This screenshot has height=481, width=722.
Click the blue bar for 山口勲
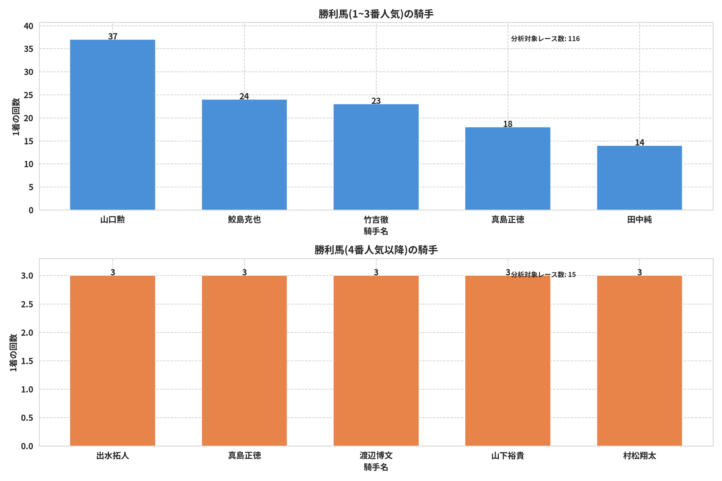(x=112, y=125)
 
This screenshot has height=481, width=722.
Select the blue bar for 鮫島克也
(x=244, y=155)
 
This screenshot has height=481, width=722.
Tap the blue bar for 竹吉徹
(x=376, y=157)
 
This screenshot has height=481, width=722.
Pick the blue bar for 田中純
(x=639, y=178)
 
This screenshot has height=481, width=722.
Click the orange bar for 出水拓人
(x=112, y=360)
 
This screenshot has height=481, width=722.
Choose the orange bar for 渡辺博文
(x=376, y=360)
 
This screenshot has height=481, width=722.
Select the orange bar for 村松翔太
(x=639, y=360)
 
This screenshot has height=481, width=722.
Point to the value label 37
(x=113, y=36)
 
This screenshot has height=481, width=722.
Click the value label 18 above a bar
(x=507, y=124)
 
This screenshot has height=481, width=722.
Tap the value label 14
(x=639, y=142)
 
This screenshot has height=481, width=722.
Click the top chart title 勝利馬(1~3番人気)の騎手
(x=376, y=14)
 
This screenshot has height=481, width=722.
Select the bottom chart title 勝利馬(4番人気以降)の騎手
(x=376, y=250)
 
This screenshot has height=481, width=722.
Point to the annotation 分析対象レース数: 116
(x=545, y=39)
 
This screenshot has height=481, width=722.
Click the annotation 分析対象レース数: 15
(x=543, y=274)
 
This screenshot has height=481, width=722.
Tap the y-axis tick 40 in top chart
(x=28, y=26)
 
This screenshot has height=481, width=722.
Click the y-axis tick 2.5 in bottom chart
(x=27, y=304)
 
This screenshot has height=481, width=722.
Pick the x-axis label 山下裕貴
(x=507, y=456)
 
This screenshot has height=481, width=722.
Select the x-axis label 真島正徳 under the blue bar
(x=507, y=220)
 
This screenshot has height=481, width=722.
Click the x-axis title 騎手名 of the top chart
(x=376, y=231)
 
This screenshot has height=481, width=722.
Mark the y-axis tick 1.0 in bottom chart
(x=27, y=389)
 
